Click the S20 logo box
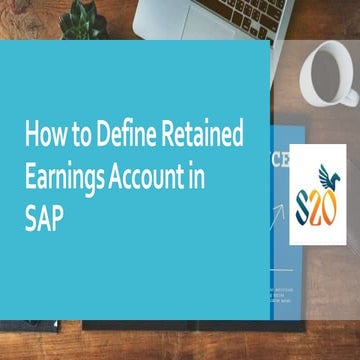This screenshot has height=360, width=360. [316, 194]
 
